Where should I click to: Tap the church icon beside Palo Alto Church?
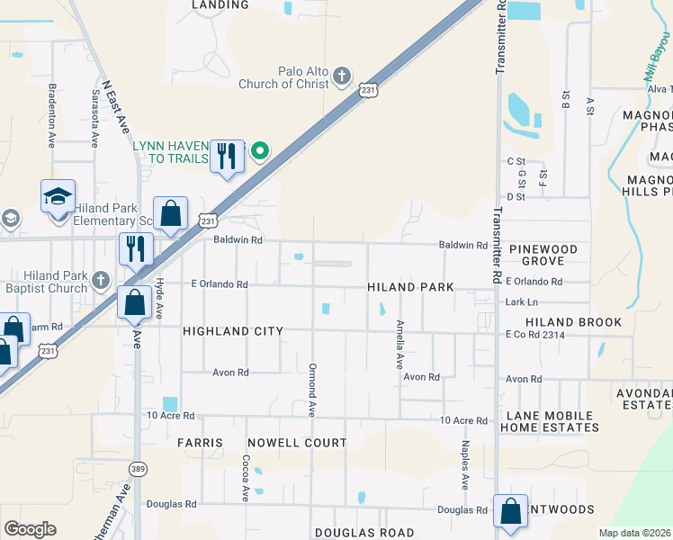pyautogui.click(x=342, y=76)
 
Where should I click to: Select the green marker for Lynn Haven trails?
pyautogui.click(x=260, y=150)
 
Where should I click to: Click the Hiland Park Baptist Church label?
pyautogui.click(x=45, y=282)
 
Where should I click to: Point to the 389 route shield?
pyautogui.click(x=138, y=469)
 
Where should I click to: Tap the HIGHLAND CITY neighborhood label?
pyautogui.click(x=233, y=331)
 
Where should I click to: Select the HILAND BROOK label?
pyautogui.click(x=574, y=322)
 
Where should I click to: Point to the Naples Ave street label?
pyautogui.click(x=465, y=464)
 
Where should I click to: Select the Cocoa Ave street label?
pyautogui.click(x=245, y=477)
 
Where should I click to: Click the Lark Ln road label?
pyautogui.click(x=521, y=302)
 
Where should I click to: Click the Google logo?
pyautogui.click(x=30, y=529)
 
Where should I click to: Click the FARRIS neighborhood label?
pyautogui.click(x=199, y=443)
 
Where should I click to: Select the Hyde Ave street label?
pyautogui.click(x=159, y=297)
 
